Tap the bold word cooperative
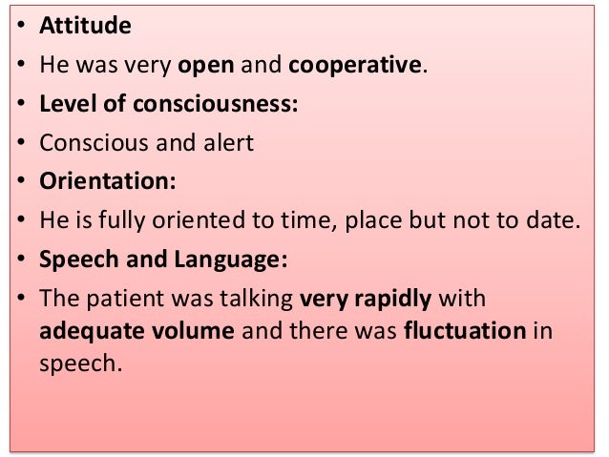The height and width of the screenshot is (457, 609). pyautogui.click(x=355, y=66)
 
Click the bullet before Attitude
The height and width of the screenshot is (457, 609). pyautogui.click(x=19, y=27)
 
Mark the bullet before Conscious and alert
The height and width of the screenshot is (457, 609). pyautogui.click(x=19, y=144)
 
